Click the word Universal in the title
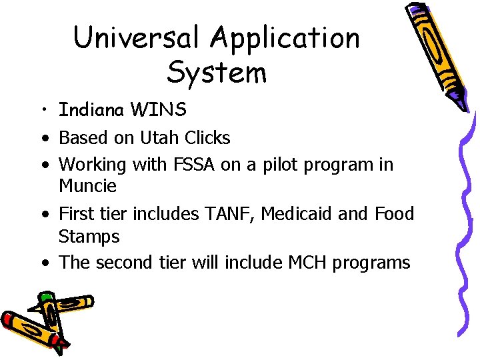137,38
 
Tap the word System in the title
217,72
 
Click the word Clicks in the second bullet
206,138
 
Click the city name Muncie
87,185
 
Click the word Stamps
89,237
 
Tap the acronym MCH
309,263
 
